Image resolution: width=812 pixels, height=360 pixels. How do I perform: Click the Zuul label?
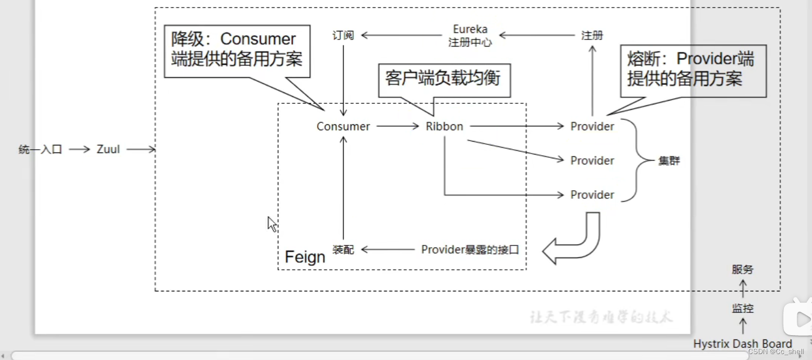pyautogui.click(x=108, y=149)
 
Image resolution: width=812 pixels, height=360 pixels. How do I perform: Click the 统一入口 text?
pyautogui.click(x=41, y=149)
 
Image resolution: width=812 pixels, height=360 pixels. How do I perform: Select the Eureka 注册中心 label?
pyautogui.click(x=470, y=36)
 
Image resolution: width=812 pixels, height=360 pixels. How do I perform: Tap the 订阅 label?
pyautogui.click(x=343, y=36)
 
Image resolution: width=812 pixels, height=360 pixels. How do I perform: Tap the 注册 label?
pyautogui.click(x=592, y=36)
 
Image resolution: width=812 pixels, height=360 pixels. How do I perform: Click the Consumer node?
pyautogui.click(x=343, y=126)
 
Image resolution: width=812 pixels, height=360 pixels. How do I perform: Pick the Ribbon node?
pyautogui.click(x=444, y=126)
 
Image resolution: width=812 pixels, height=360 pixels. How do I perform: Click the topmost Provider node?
pyautogui.click(x=592, y=126)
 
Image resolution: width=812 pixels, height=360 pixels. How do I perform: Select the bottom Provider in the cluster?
pyautogui.click(x=592, y=195)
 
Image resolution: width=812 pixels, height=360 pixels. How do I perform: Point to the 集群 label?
pyautogui.click(x=669, y=161)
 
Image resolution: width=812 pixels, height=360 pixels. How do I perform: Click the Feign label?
pyautogui.click(x=305, y=257)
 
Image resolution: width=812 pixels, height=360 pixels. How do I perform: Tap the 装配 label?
pyautogui.click(x=343, y=249)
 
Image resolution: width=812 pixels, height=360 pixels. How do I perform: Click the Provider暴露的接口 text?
pyautogui.click(x=470, y=249)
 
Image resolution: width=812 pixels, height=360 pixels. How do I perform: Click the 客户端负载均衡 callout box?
pyautogui.click(x=443, y=79)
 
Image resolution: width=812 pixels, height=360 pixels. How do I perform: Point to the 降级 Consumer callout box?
pyautogui.click(x=237, y=50)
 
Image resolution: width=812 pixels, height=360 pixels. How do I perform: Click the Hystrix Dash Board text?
pyautogui.click(x=742, y=344)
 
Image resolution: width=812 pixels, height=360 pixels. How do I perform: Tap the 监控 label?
pyautogui.click(x=742, y=309)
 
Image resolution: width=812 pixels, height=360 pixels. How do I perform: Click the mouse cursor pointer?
pyautogui.click(x=272, y=224)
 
